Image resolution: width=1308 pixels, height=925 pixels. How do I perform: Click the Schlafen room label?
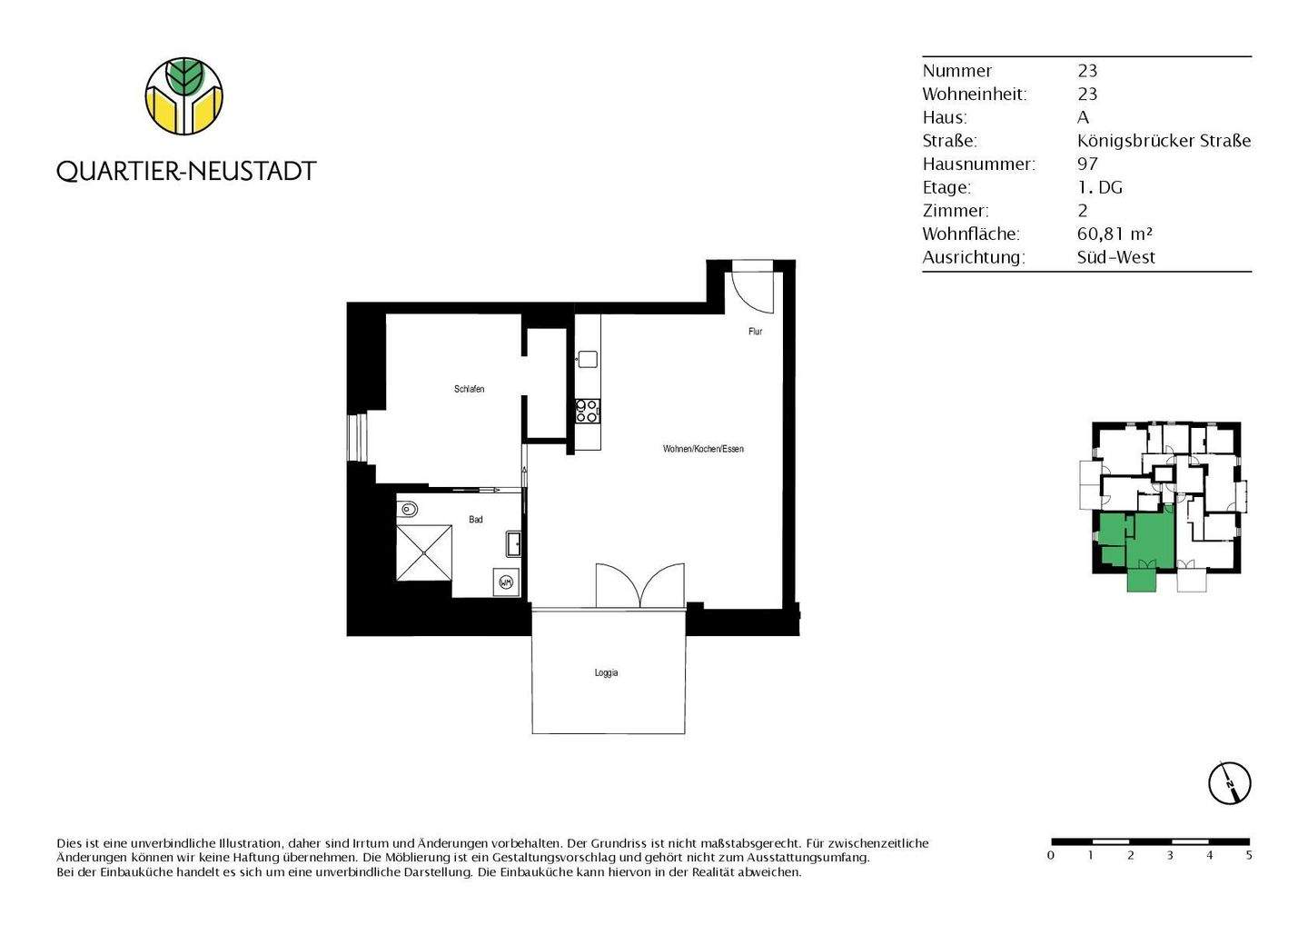(469, 389)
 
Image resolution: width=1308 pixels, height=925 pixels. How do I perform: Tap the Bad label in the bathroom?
(475, 520)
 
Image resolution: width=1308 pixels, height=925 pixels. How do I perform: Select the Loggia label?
(606, 673)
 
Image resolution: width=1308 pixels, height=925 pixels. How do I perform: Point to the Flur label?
(755, 332)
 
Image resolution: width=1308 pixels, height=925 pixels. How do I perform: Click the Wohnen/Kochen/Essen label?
(703, 449)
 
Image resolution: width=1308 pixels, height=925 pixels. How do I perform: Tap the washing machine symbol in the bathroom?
(506, 582)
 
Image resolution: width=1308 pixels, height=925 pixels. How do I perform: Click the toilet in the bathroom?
(408, 509)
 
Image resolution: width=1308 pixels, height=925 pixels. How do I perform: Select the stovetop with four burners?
(587, 412)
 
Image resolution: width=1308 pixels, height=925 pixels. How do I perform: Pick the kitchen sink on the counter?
(587, 359)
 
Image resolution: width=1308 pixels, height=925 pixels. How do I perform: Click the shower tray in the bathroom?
(424, 552)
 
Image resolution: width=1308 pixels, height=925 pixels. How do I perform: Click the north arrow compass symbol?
(1229, 781)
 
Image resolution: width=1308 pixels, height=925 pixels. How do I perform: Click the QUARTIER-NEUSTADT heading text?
(186, 171)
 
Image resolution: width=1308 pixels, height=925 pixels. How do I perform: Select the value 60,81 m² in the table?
(1115, 234)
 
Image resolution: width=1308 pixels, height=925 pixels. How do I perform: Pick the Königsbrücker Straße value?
(1164, 140)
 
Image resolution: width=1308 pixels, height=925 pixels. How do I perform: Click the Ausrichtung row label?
(973, 257)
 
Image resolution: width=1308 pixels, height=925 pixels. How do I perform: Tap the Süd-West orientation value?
(1115, 257)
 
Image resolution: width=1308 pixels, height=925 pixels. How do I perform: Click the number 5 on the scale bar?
(1249, 855)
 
